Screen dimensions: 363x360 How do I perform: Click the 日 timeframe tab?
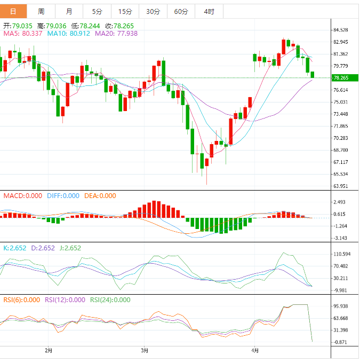13,11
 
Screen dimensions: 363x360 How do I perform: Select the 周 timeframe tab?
41,11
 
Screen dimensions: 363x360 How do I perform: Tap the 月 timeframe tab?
69,11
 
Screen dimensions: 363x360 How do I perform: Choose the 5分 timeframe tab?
97,11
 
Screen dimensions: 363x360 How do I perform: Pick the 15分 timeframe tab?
125,11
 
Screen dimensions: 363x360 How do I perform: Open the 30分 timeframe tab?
153,11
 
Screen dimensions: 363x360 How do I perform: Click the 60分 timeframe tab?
181,11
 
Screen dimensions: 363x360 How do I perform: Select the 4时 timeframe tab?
209,11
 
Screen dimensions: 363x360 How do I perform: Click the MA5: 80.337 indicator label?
22,33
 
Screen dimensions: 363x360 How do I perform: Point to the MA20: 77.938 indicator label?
116,33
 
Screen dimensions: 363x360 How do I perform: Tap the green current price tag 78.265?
341,78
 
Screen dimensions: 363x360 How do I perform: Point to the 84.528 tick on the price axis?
340,30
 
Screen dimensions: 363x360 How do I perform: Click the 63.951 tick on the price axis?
340,186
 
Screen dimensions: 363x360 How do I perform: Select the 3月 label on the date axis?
144,351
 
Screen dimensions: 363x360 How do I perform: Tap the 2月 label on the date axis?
49,351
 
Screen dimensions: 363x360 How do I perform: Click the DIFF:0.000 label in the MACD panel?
63,196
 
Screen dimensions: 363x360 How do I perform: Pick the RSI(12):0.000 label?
65,300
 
